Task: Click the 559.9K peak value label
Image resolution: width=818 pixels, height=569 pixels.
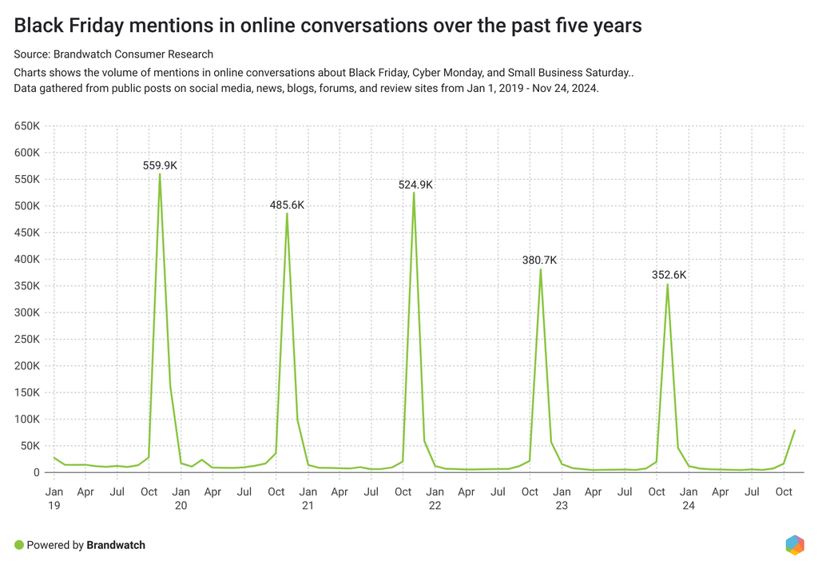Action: point(160,165)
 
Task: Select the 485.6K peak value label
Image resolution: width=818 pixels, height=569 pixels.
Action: point(287,205)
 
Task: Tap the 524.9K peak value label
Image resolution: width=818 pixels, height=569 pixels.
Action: point(415,185)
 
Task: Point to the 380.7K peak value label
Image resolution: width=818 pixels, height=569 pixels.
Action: point(539,260)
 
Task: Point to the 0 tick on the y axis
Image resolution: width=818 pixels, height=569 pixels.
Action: point(37,472)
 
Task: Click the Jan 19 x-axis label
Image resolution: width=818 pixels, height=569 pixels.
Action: point(54,498)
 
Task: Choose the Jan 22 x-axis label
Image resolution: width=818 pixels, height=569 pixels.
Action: point(435,498)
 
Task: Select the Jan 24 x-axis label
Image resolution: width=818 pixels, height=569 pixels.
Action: point(689,498)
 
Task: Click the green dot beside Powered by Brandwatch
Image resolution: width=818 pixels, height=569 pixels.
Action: point(19,545)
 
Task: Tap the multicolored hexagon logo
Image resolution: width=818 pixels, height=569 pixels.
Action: point(794,545)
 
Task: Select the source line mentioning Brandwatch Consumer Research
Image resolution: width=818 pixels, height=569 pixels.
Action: point(113,54)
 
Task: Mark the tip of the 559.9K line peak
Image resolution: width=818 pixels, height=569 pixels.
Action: point(160,174)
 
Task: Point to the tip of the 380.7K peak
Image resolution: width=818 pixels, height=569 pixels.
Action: point(541,269)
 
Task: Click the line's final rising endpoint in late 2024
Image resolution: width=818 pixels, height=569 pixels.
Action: point(795,430)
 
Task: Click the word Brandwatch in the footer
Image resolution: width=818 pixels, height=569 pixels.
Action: point(116,545)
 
